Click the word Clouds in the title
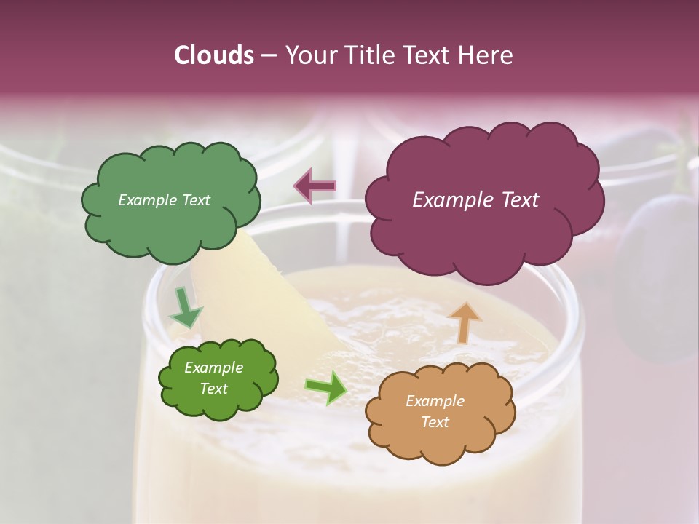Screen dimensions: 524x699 click(x=215, y=55)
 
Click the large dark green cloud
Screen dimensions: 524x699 click(x=170, y=201)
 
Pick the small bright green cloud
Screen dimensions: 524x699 click(x=218, y=378)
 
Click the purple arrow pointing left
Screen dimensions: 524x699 click(x=315, y=186)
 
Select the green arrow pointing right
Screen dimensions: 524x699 click(x=326, y=387)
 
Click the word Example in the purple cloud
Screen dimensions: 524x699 click(x=446, y=200)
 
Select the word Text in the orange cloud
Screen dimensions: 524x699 click(x=435, y=422)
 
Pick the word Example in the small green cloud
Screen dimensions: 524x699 click(x=214, y=368)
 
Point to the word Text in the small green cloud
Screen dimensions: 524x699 click(x=214, y=389)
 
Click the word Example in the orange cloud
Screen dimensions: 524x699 click(x=435, y=401)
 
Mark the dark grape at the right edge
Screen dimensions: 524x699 click(x=659, y=277)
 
